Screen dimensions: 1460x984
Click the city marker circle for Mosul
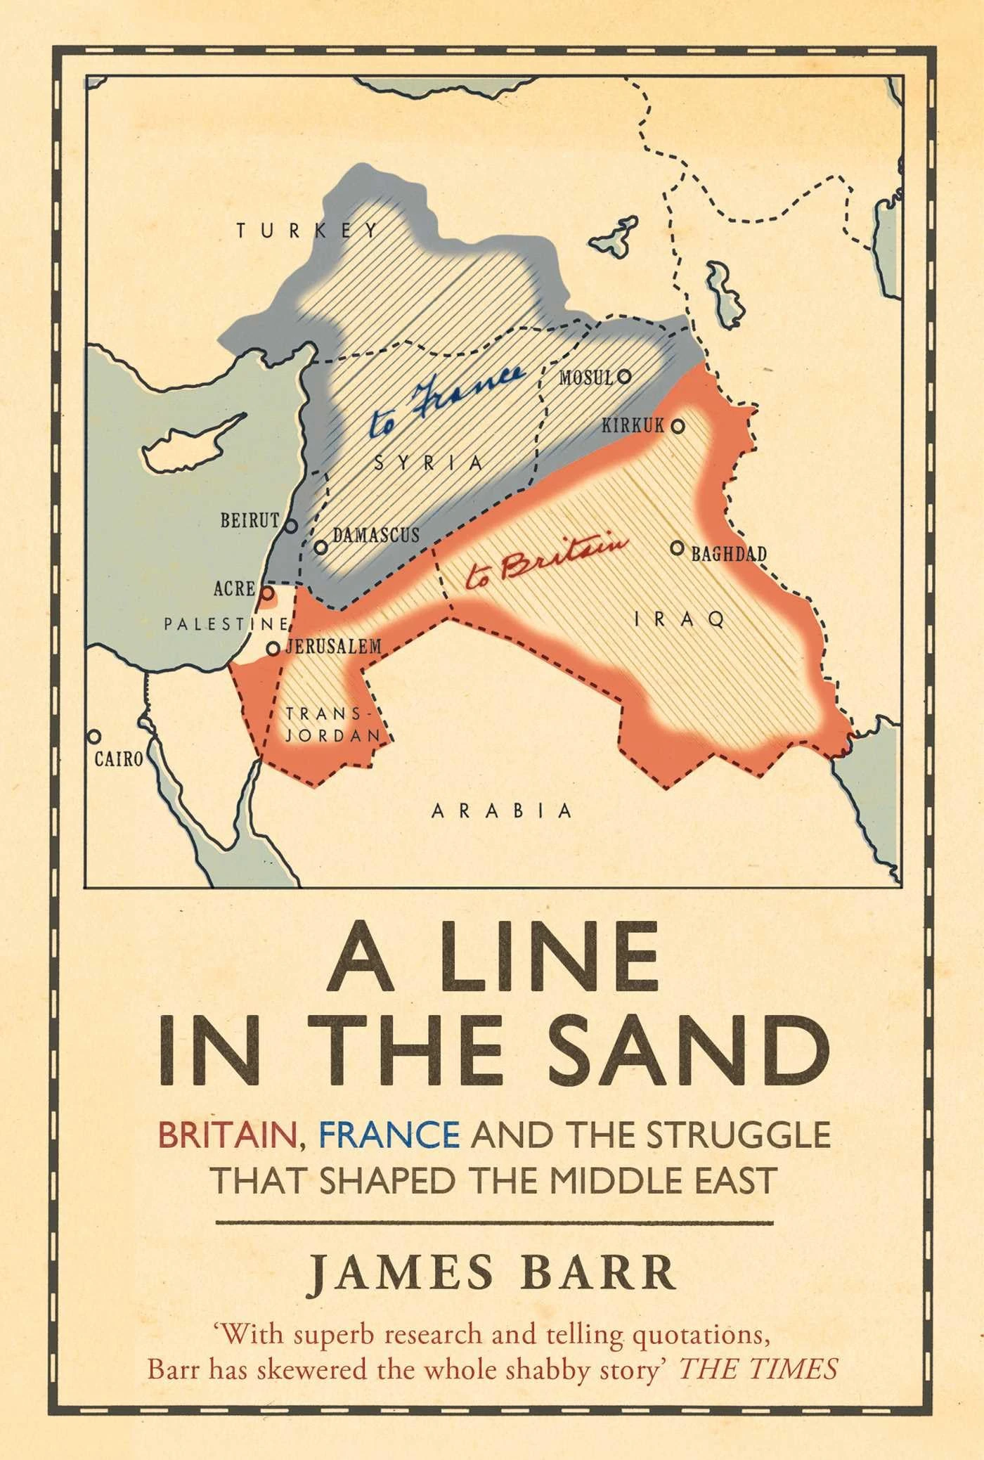[x=623, y=377]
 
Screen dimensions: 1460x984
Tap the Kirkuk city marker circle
[x=678, y=425]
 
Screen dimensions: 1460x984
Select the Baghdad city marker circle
[x=677, y=548]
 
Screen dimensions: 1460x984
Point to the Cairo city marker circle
[x=93, y=736]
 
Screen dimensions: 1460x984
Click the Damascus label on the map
[x=375, y=536]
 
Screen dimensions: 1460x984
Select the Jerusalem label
[x=332, y=647]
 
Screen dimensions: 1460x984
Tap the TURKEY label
[x=306, y=230]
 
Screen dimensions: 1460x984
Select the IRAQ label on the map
[x=678, y=619]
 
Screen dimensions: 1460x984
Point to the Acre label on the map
[x=234, y=588]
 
